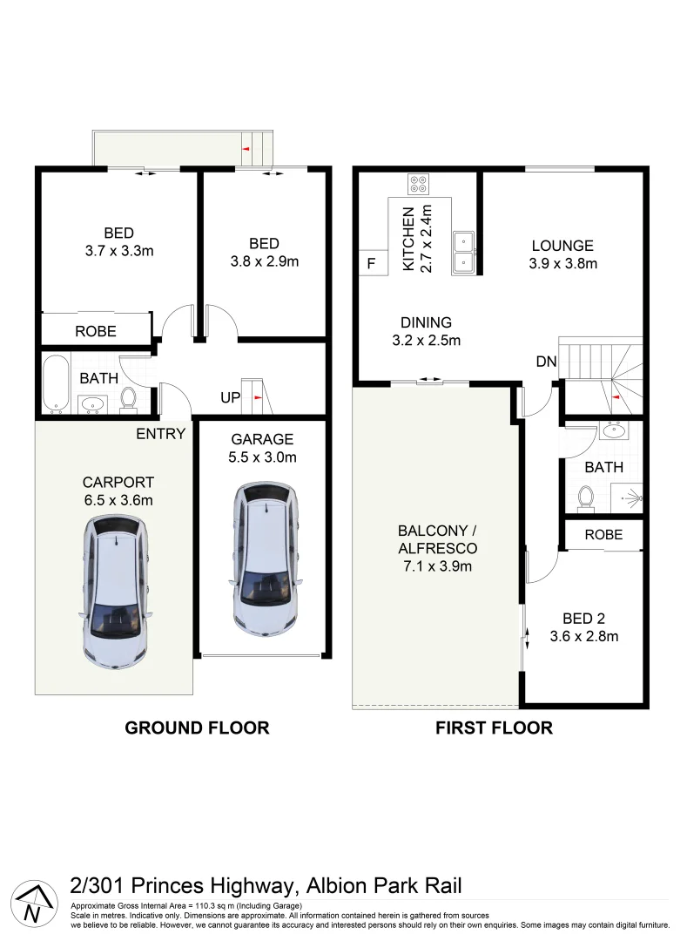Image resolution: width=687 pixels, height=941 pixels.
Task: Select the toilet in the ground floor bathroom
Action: (129, 399)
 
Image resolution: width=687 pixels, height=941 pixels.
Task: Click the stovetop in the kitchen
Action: (419, 185)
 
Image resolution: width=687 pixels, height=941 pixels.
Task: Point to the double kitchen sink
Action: (463, 251)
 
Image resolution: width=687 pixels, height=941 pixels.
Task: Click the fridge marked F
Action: (370, 264)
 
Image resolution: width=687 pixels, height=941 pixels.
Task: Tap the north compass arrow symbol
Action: (31, 904)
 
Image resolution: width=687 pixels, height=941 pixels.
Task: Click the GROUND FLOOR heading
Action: (197, 728)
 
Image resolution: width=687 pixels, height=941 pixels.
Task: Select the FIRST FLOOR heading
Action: (494, 728)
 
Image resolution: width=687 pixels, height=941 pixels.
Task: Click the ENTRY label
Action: (160, 433)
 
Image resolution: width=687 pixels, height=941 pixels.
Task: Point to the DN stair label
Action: (545, 360)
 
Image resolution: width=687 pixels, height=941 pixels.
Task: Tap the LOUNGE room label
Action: (562, 246)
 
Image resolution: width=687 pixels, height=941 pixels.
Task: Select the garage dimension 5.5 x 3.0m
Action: (262, 457)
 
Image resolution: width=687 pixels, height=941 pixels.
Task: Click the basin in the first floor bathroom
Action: (616, 430)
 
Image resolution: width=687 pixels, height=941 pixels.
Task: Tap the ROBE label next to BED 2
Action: (603, 534)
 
